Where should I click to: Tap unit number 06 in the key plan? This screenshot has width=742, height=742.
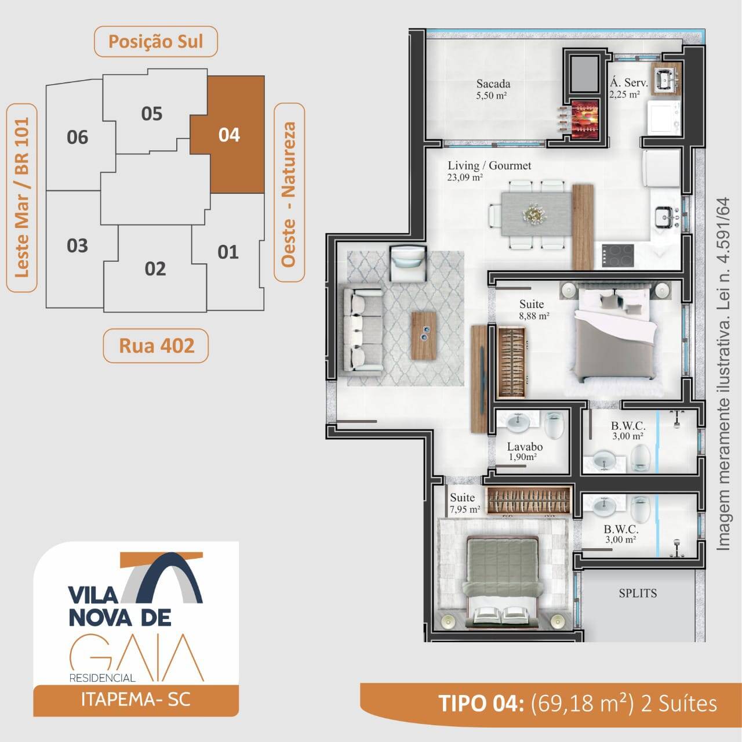coord(78,137)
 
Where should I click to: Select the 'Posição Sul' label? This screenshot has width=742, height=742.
coord(155,42)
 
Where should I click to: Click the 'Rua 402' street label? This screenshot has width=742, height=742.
coord(157,346)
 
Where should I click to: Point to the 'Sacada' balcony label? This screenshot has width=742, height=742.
coord(493,84)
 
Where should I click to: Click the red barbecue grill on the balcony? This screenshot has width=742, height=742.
coord(584,120)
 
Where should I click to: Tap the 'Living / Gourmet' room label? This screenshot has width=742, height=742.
coord(489,166)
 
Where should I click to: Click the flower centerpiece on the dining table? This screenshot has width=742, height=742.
coord(534,214)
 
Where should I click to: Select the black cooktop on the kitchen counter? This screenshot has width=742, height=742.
coord(618,255)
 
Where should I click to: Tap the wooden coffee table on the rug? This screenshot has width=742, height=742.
coord(424,335)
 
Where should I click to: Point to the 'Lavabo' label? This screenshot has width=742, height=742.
coord(525,447)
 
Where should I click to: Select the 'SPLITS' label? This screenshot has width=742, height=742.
coord(638,593)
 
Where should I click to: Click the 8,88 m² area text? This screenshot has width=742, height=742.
coord(534,316)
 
